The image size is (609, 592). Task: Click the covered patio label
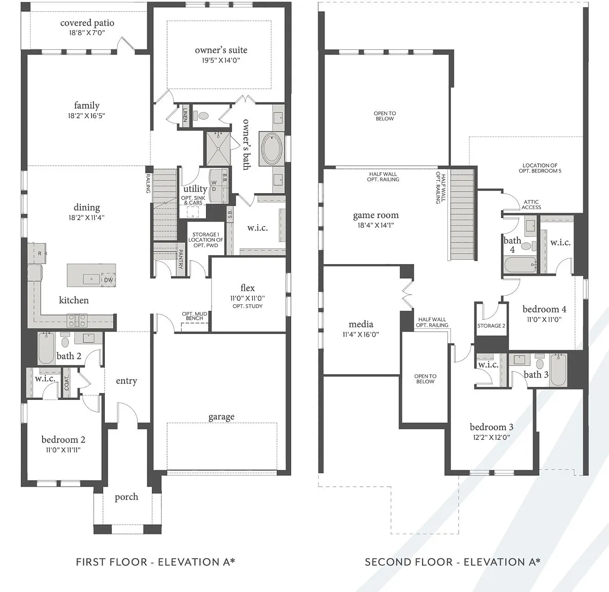87,23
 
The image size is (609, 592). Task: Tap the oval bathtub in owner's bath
272,150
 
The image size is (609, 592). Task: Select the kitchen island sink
92,279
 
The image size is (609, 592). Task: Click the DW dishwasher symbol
108,280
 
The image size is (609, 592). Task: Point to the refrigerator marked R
37,253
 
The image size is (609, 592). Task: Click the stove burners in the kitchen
77,320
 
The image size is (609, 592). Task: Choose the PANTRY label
180,260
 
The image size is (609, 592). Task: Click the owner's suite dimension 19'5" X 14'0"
221,60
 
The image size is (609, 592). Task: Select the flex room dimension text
248,298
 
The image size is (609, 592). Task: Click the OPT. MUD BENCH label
195,316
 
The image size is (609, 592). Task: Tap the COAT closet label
66,383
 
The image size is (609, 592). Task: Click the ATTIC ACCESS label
531,205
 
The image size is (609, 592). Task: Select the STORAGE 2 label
491,326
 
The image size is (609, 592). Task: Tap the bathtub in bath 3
559,369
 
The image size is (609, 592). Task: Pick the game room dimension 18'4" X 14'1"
375,225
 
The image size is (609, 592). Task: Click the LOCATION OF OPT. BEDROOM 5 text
540,168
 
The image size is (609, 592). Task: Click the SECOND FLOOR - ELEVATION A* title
452,562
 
